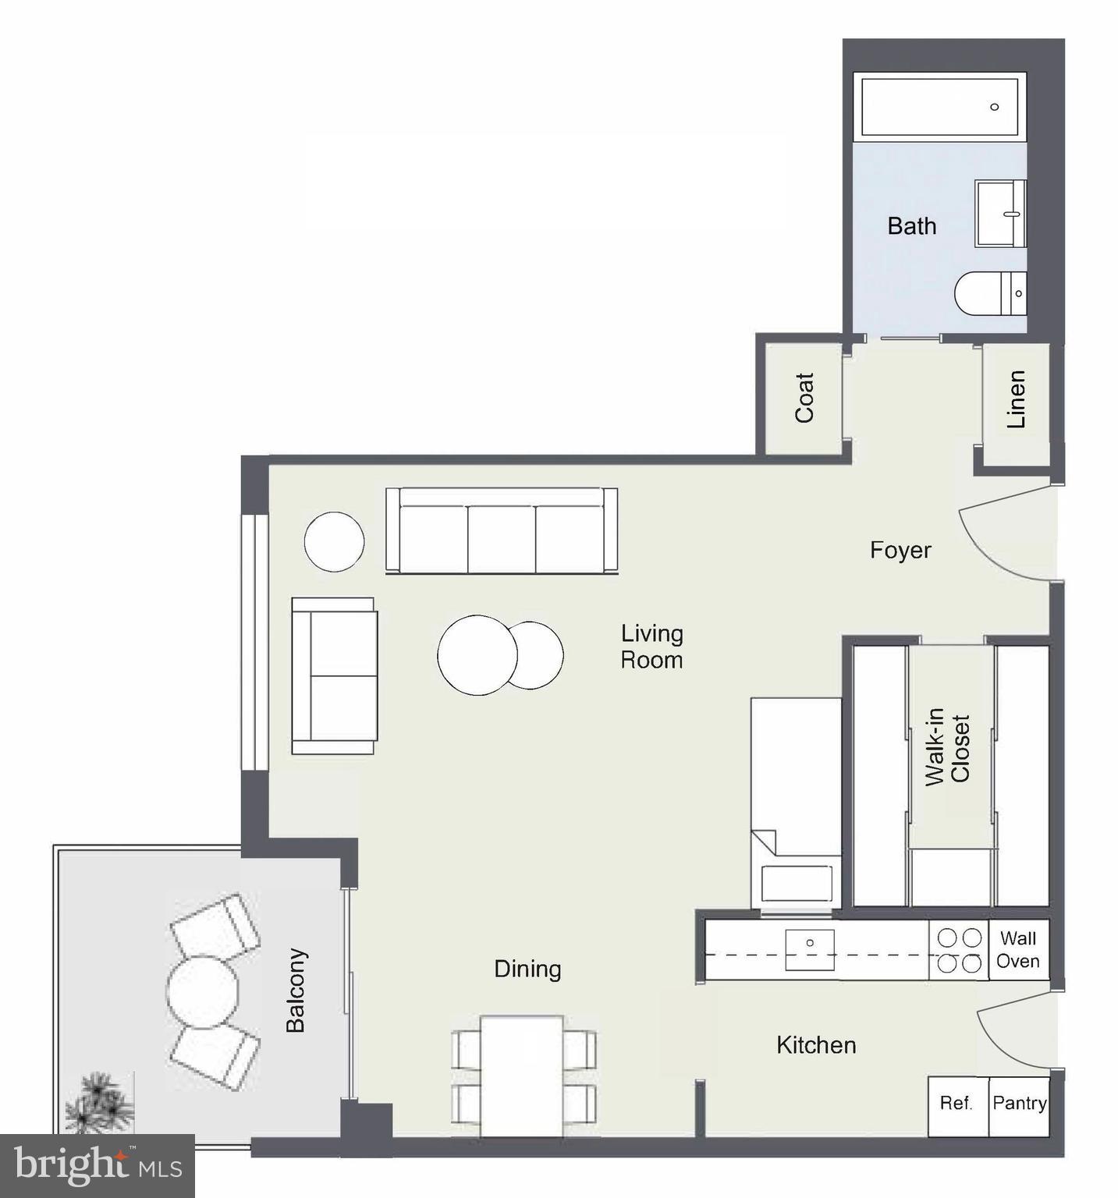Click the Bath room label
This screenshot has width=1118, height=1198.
pyautogui.click(x=911, y=226)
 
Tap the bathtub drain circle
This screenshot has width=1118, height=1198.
pyautogui.click(x=994, y=107)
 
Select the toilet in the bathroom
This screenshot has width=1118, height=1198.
pyautogui.click(x=989, y=294)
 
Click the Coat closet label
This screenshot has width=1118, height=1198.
pyautogui.click(x=804, y=398)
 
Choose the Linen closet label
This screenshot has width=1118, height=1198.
pyautogui.click(x=1016, y=399)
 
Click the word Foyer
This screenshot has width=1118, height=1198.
pyautogui.click(x=900, y=551)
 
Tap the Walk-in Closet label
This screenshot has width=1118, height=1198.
pyautogui.click(x=947, y=747)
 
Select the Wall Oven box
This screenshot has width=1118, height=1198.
pyautogui.click(x=1018, y=950)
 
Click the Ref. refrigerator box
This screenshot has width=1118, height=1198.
pyautogui.click(x=957, y=1104)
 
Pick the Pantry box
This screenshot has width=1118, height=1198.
pyautogui.click(x=1019, y=1104)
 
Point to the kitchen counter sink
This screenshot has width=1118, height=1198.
pyautogui.click(x=810, y=950)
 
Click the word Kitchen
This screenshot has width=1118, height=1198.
pyautogui.click(x=816, y=1046)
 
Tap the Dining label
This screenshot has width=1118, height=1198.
pyautogui.click(x=527, y=969)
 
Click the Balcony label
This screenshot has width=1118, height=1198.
pyautogui.click(x=296, y=991)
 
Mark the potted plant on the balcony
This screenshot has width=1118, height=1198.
pyautogui.click(x=100, y=1103)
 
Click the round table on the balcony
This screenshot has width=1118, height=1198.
pyautogui.click(x=202, y=991)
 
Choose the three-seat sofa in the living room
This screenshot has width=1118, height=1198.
pyautogui.click(x=502, y=532)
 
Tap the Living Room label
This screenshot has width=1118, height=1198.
pyautogui.click(x=651, y=647)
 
